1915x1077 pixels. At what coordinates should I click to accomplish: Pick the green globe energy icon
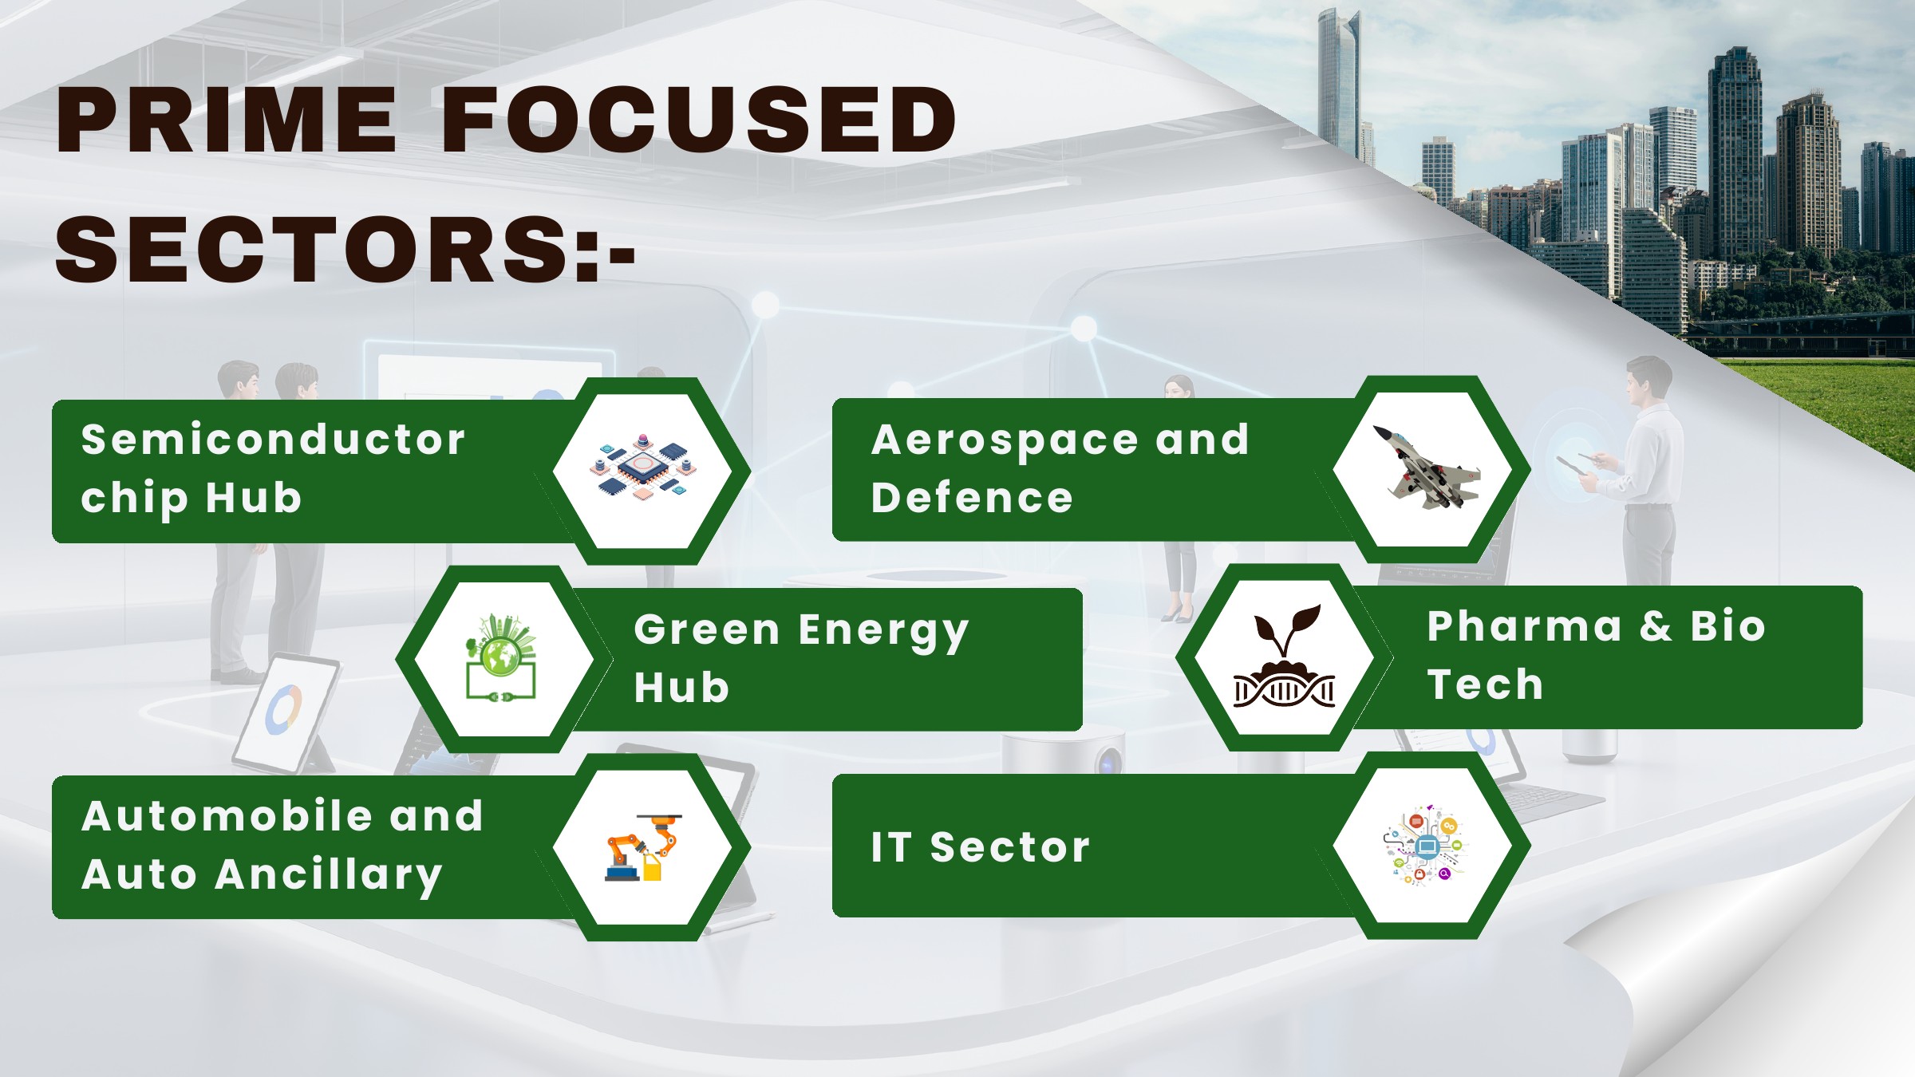pyautogui.click(x=501, y=657)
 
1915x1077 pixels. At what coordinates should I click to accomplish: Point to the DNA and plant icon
pyautogui.click(x=1285, y=656)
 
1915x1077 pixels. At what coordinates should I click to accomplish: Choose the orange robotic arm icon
pyautogui.click(x=643, y=847)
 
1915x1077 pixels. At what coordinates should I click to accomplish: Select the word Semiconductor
pyautogui.click(x=273, y=440)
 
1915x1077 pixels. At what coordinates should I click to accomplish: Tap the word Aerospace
pyautogui.click(x=1005, y=441)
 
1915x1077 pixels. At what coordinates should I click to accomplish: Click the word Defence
pyautogui.click(x=972, y=498)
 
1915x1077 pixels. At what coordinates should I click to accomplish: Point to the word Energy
pyautogui.click(x=883, y=632)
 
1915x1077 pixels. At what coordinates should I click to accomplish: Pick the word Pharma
pyautogui.click(x=1525, y=626)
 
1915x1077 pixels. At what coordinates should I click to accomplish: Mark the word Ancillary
pyautogui.click(x=329, y=876)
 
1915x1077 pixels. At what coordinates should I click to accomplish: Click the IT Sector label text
pyautogui.click(x=981, y=846)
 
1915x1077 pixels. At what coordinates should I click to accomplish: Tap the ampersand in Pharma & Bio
pyautogui.click(x=1656, y=627)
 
